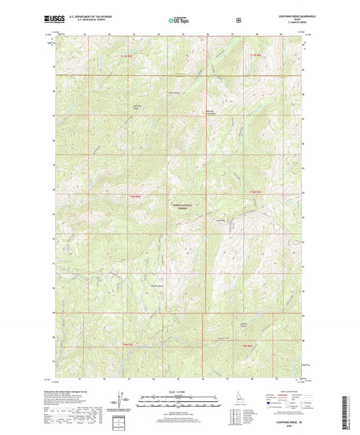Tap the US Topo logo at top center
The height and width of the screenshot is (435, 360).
click(179, 21)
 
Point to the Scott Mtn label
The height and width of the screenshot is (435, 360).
click(220, 220)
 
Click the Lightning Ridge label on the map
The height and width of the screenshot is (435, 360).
click(138, 107)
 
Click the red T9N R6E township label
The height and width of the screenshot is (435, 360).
click(247, 346)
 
